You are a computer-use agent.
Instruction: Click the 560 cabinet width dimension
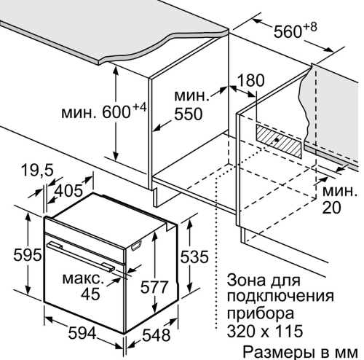288,32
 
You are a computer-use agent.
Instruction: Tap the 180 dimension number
250,80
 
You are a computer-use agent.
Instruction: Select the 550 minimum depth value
188,114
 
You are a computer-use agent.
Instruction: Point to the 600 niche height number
116,112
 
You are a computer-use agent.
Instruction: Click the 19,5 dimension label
37,171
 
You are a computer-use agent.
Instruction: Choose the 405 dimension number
68,191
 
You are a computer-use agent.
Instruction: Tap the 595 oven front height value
27,255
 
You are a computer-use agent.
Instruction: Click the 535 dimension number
194,257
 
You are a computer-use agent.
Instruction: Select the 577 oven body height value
154,287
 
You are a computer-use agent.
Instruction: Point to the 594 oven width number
82,333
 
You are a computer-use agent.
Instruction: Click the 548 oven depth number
157,335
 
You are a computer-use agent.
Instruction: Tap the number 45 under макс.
90,294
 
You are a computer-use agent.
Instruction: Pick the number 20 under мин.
331,208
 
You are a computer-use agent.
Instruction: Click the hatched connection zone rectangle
279,141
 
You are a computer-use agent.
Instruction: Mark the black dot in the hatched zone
277,140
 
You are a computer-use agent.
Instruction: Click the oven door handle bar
81,256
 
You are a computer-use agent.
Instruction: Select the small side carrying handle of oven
136,246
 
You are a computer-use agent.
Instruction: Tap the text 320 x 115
265,330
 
